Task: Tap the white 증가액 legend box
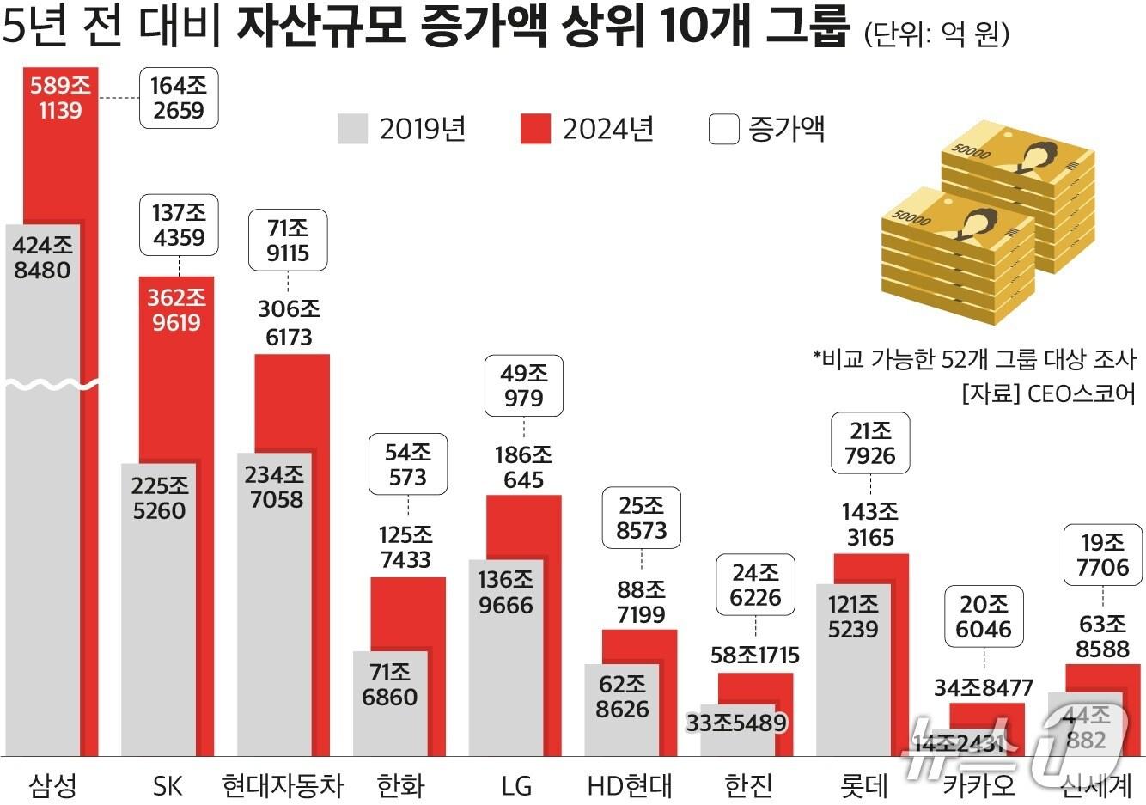point(724,129)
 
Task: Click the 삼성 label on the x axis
point(53,784)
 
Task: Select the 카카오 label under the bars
point(978,784)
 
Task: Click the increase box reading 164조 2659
point(178,98)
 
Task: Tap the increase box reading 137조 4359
point(179,225)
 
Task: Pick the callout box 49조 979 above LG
point(524,386)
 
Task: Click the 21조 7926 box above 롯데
point(870,443)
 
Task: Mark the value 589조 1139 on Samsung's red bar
point(60,98)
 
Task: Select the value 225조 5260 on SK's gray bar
point(159,498)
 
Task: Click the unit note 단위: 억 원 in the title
point(936,34)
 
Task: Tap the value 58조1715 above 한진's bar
point(755,656)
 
